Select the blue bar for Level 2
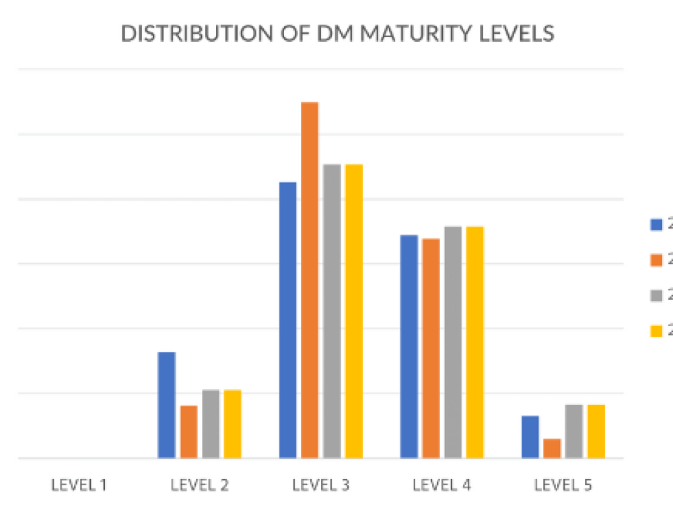tap(166, 405)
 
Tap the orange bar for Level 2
tap(188, 431)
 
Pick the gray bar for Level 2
tap(211, 424)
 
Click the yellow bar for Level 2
tap(232, 424)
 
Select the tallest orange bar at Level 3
tap(310, 280)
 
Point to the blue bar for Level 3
tap(287, 320)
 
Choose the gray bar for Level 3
tap(332, 311)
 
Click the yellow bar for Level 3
tap(353, 311)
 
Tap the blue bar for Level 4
tap(409, 346)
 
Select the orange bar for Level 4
tap(431, 348)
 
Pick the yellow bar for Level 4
tap(474, 342)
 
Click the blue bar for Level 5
tap(530, 437)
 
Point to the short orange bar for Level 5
tap(552, 448)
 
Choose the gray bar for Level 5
tap(574, 431)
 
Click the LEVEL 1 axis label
tap(79, 484)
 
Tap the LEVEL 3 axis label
tap(321, 484)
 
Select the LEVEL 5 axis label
tap(563, 484)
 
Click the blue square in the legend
tap(656, 224)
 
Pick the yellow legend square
tap(656, 329)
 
